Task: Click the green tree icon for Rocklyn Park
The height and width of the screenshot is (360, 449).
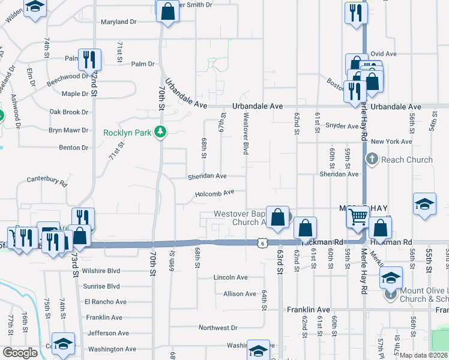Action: click(160, 131)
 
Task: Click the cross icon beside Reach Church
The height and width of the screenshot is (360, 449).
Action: click(372, 159)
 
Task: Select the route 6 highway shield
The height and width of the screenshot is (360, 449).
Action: click(262, 242)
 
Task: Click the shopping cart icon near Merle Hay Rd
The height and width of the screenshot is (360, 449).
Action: click(358, 216)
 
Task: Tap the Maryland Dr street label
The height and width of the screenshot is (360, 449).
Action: click(119, 22)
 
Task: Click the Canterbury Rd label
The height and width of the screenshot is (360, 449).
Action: click(47, 179)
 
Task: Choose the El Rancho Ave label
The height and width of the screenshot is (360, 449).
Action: click(106, 302)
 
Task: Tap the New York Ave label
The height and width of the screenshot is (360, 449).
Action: click(391, 142)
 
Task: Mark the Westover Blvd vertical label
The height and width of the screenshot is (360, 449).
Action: click(246, 135)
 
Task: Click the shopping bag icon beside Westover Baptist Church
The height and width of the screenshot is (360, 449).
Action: click(278, 217)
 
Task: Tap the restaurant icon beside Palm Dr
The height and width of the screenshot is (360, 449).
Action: click(89, 59)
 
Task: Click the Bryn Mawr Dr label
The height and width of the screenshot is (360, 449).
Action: click(68, 130)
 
